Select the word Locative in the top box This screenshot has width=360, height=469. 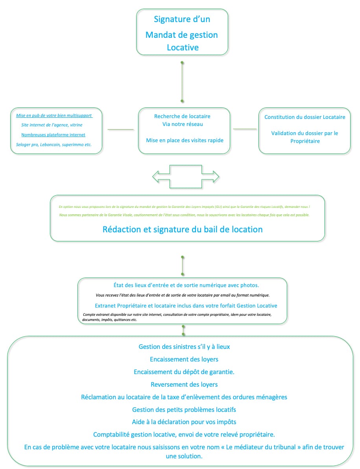click(183, 47)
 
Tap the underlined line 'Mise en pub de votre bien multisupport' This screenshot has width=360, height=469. click(54, 115)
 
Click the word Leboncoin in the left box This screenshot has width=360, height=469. click(49, 145)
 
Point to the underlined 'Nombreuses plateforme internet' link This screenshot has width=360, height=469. click(53, 135)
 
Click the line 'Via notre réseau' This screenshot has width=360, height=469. click(183, 124)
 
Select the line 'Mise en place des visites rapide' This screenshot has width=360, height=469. click(185, 140)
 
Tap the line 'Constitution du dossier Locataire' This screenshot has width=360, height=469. click(305, 117)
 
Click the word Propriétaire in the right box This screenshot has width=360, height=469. click(305, 141)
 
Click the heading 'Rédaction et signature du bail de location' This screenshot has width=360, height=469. click(183, 230)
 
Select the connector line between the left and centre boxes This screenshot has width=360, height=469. click(121, 130)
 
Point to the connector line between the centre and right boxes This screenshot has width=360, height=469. click(245, 129)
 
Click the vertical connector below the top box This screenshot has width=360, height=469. click(182, 82)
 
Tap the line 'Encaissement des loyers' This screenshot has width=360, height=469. click(184, 359)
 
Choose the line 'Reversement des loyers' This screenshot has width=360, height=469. click(184, 384)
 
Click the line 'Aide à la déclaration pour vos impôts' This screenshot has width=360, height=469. click(184, 422)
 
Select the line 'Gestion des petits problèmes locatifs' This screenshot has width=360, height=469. click(184, 410)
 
